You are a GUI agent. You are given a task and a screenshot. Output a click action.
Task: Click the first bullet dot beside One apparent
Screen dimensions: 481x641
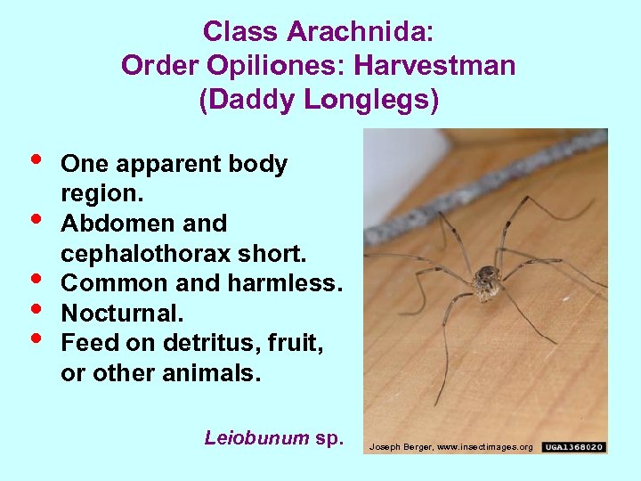35,161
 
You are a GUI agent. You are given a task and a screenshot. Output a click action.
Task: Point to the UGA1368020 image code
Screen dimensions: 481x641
573,447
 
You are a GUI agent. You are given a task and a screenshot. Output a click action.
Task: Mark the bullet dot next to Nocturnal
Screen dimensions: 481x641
35,310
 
